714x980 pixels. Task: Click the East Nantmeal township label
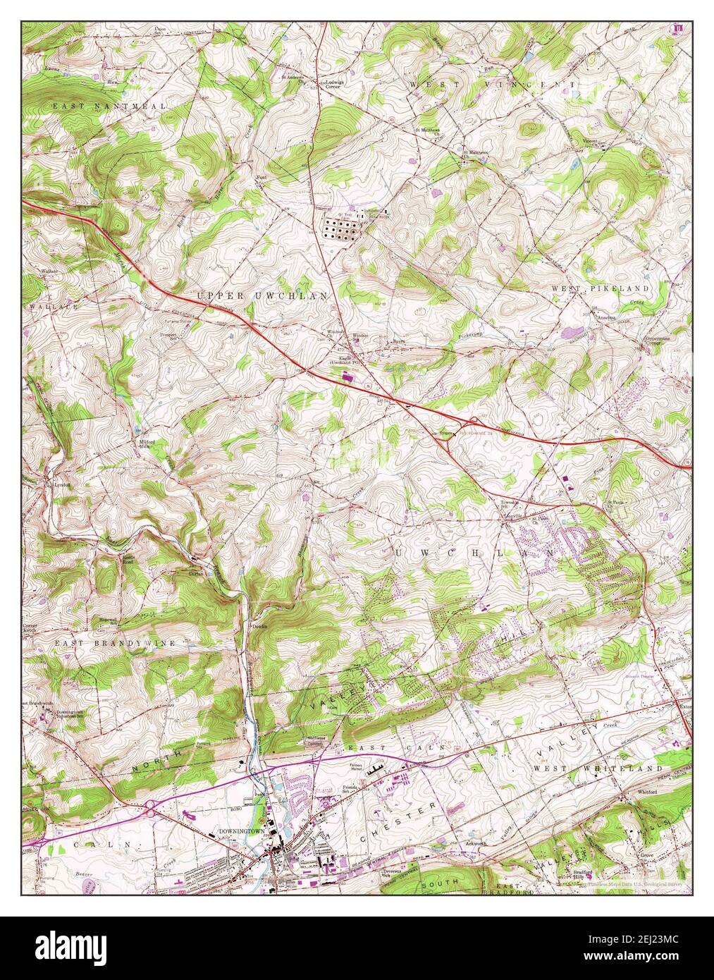tap(109, 106)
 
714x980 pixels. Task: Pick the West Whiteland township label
tap(598, 768)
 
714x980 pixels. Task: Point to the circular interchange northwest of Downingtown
tap(150, 810)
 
